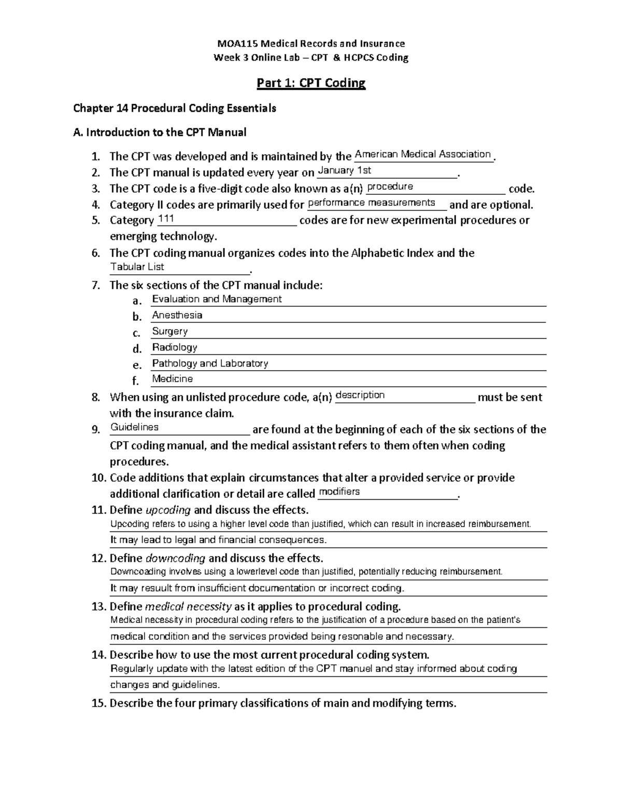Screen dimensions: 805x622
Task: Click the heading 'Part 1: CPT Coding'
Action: pyautogui.click(x=312, y=83)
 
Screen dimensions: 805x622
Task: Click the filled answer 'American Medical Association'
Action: pyautogui.click(x=422, y=154)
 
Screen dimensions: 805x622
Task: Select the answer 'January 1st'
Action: pyautogui.click(x=344, y=171)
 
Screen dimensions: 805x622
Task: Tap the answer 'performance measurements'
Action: pyautogui.click(x=372, y=202)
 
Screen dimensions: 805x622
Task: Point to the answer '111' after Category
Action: pyautogui.click(x=166, y=219)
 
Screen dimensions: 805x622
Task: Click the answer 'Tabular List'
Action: pyautogui.click(x=137, y=267)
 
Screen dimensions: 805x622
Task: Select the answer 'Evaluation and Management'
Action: pyautogui.click(x=217, y=299)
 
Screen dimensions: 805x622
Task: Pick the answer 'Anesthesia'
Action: pyautogui.click(x=177, y=315)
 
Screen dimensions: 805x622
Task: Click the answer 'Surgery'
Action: pyautogui.click(x=169, y=331)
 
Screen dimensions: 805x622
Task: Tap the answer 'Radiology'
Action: pyautogui.click(x=174, y=347)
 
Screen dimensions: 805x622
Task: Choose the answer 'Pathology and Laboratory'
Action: pyautogui.click(x=210, y=363)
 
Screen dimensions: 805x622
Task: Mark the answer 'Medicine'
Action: pyautogui.click(x=172, y=379)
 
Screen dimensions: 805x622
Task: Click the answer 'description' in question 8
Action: pyautogui.click(x=360, y=395)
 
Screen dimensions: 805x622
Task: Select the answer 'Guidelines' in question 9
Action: pyautogui.click(x=134, y=427)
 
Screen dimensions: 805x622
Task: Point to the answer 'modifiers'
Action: pyautogui.click(x=340, y=491)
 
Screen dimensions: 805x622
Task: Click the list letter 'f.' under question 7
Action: pyautogui.click(x=136, y=381)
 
